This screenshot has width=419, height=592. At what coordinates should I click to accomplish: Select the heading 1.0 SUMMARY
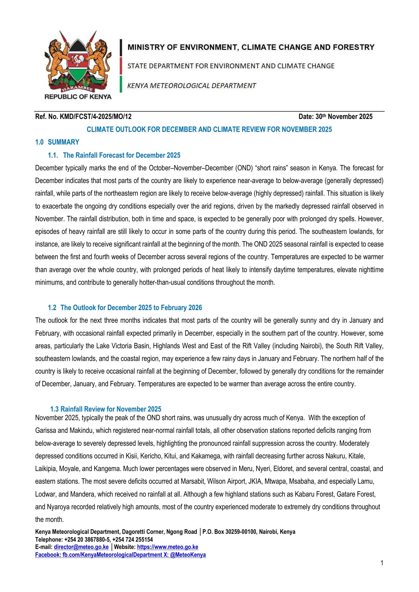[x=57, y=142]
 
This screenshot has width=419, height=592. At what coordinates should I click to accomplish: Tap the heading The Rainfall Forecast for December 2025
[x=122, y=155]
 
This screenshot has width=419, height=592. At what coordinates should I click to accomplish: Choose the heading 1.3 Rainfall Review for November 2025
[x=106, y=409]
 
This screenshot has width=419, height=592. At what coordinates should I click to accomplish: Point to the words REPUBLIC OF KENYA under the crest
[x=78, y=97]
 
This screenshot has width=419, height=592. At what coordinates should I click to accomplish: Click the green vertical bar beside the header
[x=121, y=84]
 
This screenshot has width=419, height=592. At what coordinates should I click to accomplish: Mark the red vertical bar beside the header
[x=121, y=66]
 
